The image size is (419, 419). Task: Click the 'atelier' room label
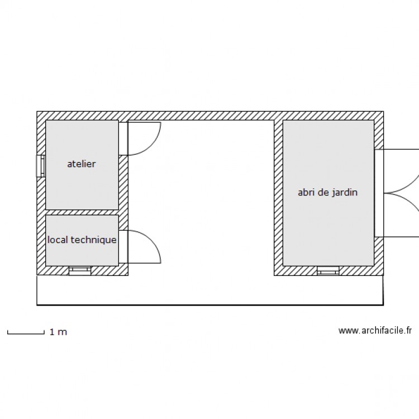(x=82, y=164)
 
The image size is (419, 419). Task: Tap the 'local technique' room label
(x=82, y=240)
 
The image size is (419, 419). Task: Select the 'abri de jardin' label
(x=327, y=192)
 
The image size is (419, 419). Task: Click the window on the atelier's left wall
(x=40, y=165)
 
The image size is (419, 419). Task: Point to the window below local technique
(x=79, y=270)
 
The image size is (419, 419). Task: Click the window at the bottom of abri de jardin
(x=328, y=270)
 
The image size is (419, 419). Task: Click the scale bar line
(x=26, y=334)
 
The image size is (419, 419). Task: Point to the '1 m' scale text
(x=58, y=332)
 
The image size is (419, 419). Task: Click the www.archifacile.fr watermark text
(x=375, y=331)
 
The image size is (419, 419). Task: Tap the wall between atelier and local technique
(x=82, y=212)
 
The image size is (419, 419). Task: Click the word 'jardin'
(x=344, y=192)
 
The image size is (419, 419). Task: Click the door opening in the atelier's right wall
(x=123, y=139)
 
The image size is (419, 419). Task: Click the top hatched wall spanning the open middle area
(x=201, y=116)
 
